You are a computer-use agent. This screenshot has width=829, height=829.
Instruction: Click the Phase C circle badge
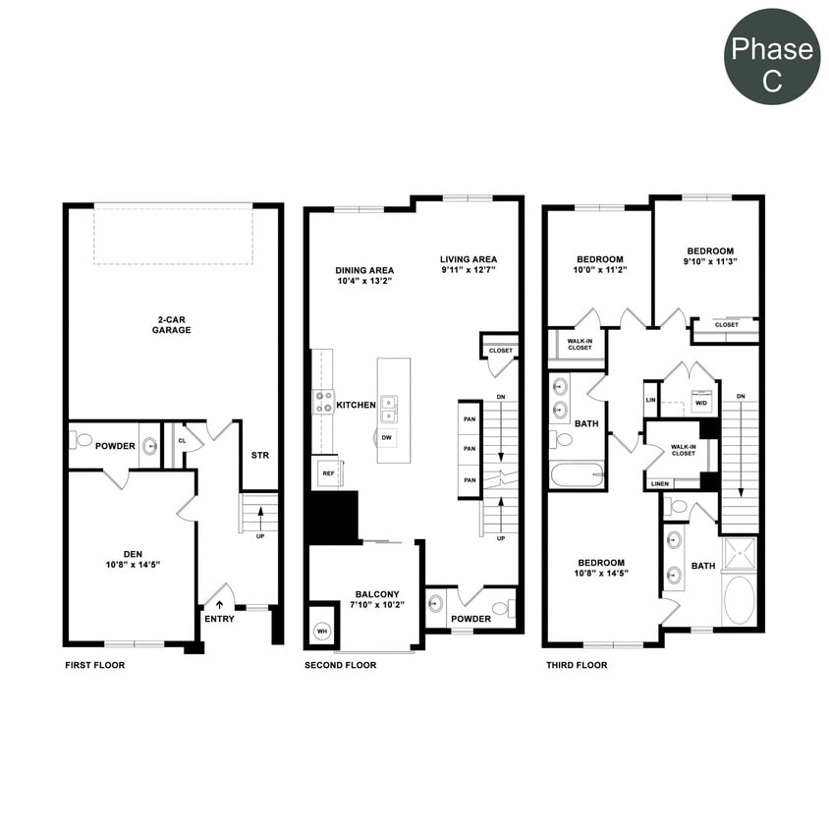772,56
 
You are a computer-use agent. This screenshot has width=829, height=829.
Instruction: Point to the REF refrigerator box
327,471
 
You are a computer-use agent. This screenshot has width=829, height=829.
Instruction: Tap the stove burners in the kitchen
323,402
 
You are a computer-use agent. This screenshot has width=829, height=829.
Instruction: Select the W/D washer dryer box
700,403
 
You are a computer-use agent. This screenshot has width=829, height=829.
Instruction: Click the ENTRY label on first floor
219,619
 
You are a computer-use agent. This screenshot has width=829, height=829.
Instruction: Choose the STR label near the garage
260,456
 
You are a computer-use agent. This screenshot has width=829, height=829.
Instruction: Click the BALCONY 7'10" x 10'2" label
377,599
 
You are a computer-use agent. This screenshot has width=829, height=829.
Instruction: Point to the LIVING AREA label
469,264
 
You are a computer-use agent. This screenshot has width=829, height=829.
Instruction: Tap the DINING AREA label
364,275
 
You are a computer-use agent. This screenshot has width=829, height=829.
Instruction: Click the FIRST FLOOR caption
94,665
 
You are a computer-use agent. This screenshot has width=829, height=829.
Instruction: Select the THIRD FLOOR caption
577,665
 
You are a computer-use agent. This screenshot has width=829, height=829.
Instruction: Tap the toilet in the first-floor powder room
83,441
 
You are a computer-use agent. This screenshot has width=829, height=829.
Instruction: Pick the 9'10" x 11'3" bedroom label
710,256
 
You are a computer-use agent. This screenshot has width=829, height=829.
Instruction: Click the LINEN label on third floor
660,483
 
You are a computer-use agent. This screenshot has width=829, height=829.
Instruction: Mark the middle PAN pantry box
470,449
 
